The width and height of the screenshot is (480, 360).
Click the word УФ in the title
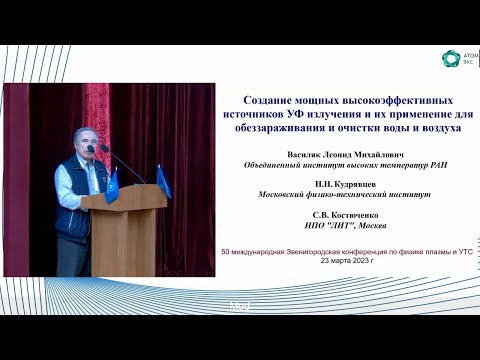click(x=317, y=115)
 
